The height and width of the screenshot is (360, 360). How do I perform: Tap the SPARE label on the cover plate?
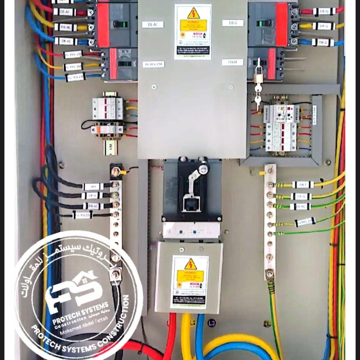232,62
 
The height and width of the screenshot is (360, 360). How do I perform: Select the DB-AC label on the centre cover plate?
153,24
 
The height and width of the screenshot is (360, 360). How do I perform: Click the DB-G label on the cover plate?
233,23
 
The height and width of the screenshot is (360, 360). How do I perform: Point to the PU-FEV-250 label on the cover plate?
153,64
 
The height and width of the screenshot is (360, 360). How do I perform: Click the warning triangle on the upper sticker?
193,14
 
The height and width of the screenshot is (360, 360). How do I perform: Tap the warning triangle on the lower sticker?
190,264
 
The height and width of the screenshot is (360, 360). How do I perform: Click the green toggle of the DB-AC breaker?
120,24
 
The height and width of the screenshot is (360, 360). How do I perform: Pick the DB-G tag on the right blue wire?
323,42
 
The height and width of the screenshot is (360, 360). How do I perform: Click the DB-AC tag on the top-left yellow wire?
65,27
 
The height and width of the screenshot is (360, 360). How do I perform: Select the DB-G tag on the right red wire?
324,11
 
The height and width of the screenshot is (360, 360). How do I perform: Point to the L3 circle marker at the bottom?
211,323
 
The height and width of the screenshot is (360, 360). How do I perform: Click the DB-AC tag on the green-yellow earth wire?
300,207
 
